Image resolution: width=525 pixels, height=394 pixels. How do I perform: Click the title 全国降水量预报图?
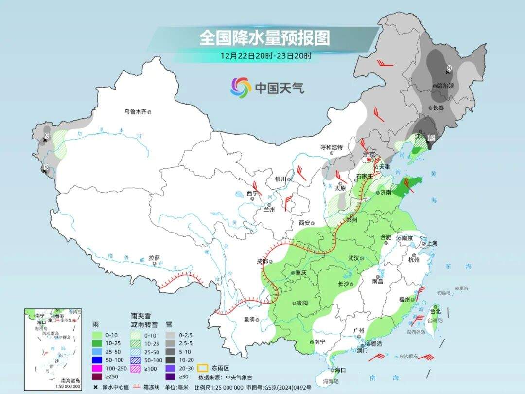(264, 37)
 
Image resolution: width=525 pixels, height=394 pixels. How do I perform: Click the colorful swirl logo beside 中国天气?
(241, 88)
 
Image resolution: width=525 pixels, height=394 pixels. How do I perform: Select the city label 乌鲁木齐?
(135, 112)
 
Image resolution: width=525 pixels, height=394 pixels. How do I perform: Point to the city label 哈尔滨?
(445, 85)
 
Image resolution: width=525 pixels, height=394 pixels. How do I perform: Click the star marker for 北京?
(369, 160)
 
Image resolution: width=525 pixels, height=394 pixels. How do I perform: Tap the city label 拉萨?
(154, 257)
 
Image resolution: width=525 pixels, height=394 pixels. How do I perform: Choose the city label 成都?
(262, 261)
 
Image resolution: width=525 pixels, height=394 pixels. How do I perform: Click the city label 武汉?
(353, 258)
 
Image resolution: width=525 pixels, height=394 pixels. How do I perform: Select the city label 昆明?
(248, 320)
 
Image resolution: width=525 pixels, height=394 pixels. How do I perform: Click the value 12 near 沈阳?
(431, 138)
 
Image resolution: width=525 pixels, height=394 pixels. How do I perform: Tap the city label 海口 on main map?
(339, 370)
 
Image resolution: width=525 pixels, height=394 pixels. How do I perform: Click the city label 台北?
(435, 311)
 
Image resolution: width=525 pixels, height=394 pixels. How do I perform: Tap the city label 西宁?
(251, 193)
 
